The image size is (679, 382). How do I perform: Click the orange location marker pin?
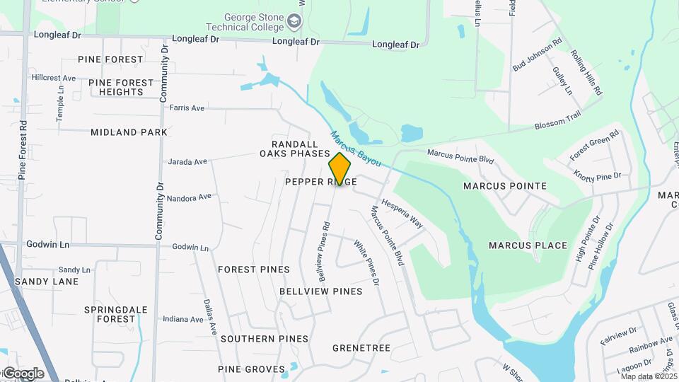click(x=339, y=168)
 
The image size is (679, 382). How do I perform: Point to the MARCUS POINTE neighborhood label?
click(x=504, y=186)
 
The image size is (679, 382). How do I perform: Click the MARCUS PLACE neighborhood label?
click(x=528, y=245)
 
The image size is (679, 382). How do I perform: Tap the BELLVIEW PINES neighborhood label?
click(x=320, y=291)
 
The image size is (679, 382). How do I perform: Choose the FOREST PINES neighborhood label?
click(x=254, y=270)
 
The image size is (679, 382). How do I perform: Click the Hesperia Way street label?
click(x=402, y=213)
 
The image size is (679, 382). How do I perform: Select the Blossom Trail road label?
click(x=558, y=125)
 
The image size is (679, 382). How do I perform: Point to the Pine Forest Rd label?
click(x=23, y=149)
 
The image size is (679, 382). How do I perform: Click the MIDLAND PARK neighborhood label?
click(x=129, y=132)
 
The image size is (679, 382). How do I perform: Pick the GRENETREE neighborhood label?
click(x=361, y=348)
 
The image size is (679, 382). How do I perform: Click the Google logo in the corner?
click(x=23, y=374)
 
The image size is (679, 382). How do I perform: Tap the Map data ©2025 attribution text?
click(x=649, y=376)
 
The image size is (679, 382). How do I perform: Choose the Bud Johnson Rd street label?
click(x=538, y=54)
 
